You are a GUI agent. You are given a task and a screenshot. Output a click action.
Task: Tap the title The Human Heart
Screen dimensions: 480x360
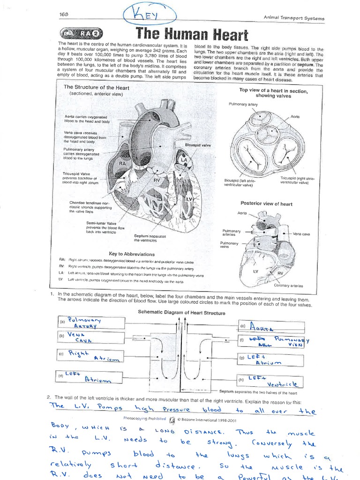tap(191, 34)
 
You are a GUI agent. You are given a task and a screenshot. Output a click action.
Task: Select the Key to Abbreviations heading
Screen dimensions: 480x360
tap(132, 254)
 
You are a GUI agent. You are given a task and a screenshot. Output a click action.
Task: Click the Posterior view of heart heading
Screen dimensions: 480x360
tap(266, 203)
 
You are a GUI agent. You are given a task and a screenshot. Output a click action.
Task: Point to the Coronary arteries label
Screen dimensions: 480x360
tap(288, 285)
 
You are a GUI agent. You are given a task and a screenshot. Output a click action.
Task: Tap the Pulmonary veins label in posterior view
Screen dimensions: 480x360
tap(229, 246)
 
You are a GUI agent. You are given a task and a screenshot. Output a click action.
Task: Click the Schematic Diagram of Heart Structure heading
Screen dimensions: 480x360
tap(181, 312)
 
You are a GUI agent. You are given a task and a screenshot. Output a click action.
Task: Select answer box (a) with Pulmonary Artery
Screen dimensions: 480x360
tap(92, 322)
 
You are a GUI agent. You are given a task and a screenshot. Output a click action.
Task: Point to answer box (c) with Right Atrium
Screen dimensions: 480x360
tap(92, 355)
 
